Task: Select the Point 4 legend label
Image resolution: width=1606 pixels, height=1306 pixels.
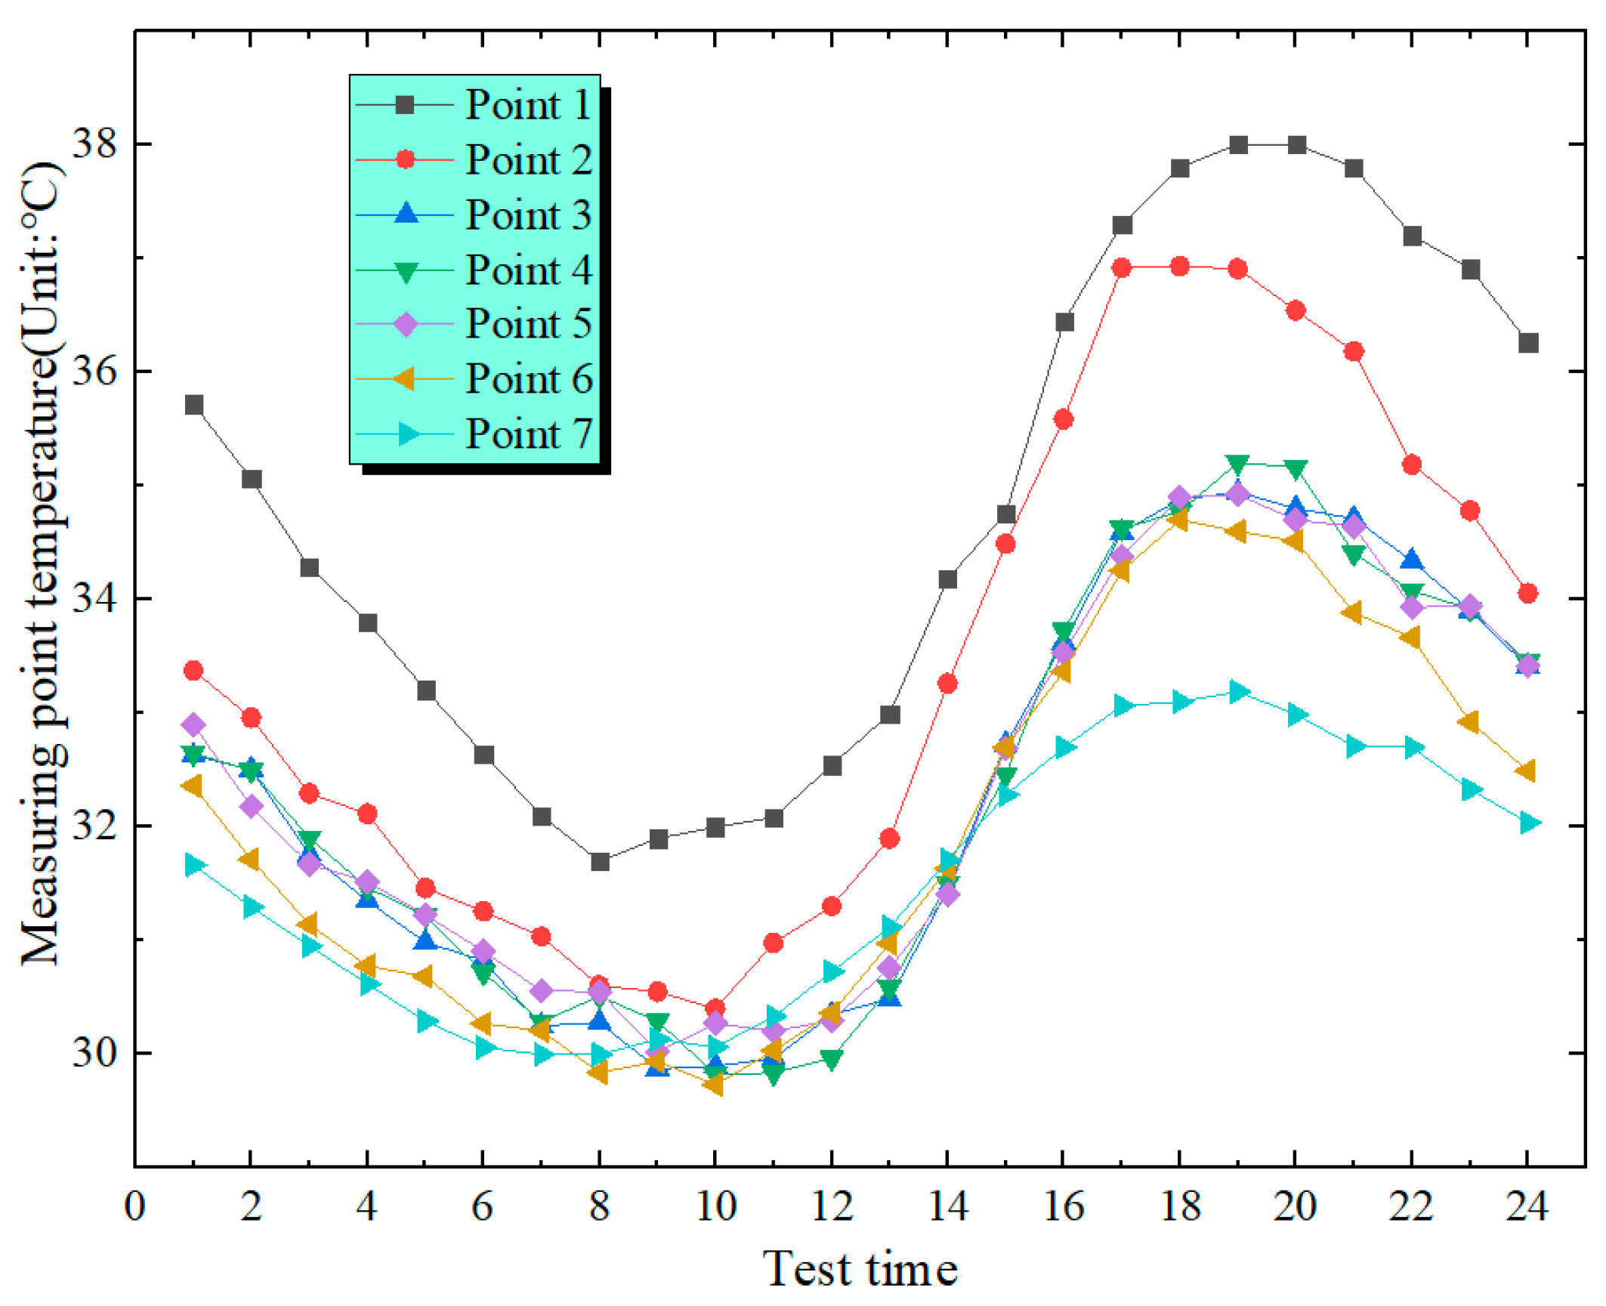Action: pyautogui.click(x=528, y=270)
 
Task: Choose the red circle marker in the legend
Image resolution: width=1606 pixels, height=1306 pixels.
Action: pyautogui.click(x=406, y=159)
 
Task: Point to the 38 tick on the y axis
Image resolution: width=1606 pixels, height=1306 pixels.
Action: pyautogui.click(x=94, y=144)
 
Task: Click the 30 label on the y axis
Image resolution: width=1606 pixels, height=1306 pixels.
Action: pyautogui.click(x=94, y=1052)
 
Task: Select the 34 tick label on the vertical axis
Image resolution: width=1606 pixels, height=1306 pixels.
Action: pyautogui.click(x=94, y=598)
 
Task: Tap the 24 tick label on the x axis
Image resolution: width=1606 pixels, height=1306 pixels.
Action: pyautogui.click(x=1527, y=1206)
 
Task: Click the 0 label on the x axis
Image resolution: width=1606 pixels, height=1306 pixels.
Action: pyautogui.click(x=134, y=1206)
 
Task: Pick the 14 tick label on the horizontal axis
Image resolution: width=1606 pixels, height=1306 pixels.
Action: pyautogui.click(x=947, y=1206)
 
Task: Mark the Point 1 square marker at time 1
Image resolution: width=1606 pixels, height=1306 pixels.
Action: pyautogui.click(x=194, y=405)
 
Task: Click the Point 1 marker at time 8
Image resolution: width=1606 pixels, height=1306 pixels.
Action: pyautogui.click(x=600, y=862)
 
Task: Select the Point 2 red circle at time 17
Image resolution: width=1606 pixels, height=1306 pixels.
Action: pyautogui.click(x=1122, y=267)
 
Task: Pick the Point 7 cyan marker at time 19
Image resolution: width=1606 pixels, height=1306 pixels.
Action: pyautogui.click(x=1238, y=692)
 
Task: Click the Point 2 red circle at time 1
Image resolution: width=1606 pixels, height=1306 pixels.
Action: pyautogui.click(x=194, y=670)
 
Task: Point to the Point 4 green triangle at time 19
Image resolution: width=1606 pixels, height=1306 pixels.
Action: pyautogui.click(x=1237, y=464)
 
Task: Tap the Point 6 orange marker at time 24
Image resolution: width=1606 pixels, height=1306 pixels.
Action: pyautogui.click(x=1526, y=771)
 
